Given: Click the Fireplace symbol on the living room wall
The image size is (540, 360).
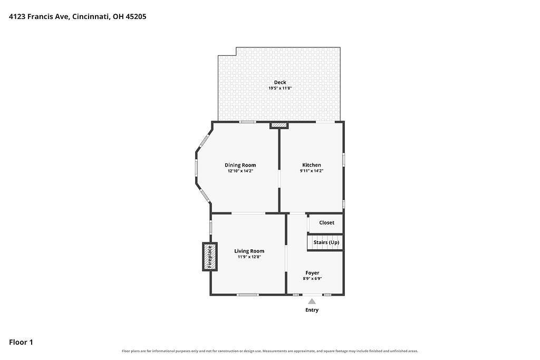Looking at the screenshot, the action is point(210,256).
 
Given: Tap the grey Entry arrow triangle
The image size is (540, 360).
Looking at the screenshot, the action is point(312,301).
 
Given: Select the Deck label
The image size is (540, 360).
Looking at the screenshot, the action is point(280,82).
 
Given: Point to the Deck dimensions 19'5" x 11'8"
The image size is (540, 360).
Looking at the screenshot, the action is point(280,88).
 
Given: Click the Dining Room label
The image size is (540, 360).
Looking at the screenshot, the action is point(240,165).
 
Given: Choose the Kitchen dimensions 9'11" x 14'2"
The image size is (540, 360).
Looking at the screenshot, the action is point(312,171).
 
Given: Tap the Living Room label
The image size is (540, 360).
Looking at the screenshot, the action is point(249,251).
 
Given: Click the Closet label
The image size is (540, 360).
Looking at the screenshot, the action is point(326,222).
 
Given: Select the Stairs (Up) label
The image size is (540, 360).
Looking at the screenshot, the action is point(326,242).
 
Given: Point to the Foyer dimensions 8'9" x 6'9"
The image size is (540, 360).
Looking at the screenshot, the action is point(312,279).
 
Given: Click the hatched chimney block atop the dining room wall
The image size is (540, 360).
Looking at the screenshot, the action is point(278,125).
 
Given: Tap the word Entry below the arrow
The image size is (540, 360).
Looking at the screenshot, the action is point(312,310).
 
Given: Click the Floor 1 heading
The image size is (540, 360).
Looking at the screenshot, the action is point(21,342).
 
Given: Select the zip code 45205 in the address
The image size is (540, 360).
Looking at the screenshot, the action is point(136,16).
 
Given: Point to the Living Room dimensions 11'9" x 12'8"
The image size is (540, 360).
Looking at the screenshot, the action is point(249,257).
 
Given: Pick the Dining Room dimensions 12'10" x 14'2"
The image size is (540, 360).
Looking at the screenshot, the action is point(240,171).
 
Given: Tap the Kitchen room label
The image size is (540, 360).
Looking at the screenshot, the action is point(312,165).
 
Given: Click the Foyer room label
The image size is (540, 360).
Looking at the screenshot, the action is point(312,273).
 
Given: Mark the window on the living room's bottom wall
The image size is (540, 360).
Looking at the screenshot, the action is point(248,295).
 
